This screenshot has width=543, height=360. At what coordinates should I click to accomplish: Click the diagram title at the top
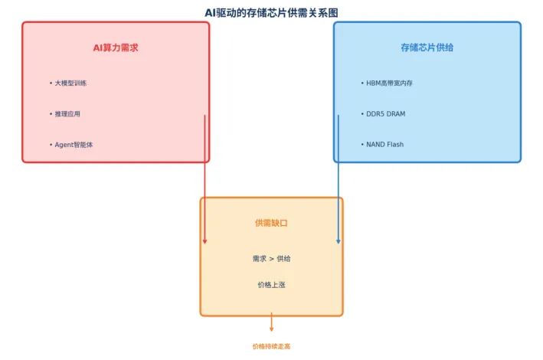point(271,12)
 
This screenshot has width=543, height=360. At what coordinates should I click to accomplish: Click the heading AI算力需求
point(116,47)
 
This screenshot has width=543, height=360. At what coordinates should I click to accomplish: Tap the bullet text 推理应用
point(67,114)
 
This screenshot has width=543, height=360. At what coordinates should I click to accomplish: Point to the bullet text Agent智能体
point(74,145)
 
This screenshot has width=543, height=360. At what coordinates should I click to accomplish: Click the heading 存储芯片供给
point(427,47)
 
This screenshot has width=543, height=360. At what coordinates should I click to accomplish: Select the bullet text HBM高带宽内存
point(391,83)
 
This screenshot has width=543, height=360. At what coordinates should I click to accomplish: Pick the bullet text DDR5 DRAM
point(385,114)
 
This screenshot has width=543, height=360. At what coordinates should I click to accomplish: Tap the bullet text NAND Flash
point(384,145)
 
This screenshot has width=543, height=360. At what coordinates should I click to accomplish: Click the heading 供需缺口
point(271,223)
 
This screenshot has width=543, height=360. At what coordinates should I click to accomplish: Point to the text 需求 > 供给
point(271,259)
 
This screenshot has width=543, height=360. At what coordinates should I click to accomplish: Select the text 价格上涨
point(271,285)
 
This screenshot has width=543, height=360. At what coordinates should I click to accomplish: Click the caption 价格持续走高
point(271,346)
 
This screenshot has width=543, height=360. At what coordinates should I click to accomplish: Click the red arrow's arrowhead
point(204,241)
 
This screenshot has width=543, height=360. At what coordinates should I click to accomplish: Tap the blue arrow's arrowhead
point(339,241)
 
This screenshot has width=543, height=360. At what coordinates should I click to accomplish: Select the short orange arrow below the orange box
point(271,322)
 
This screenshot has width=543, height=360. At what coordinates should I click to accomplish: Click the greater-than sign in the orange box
point(271,259)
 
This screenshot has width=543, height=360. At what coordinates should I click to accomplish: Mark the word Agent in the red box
point(64,145)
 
